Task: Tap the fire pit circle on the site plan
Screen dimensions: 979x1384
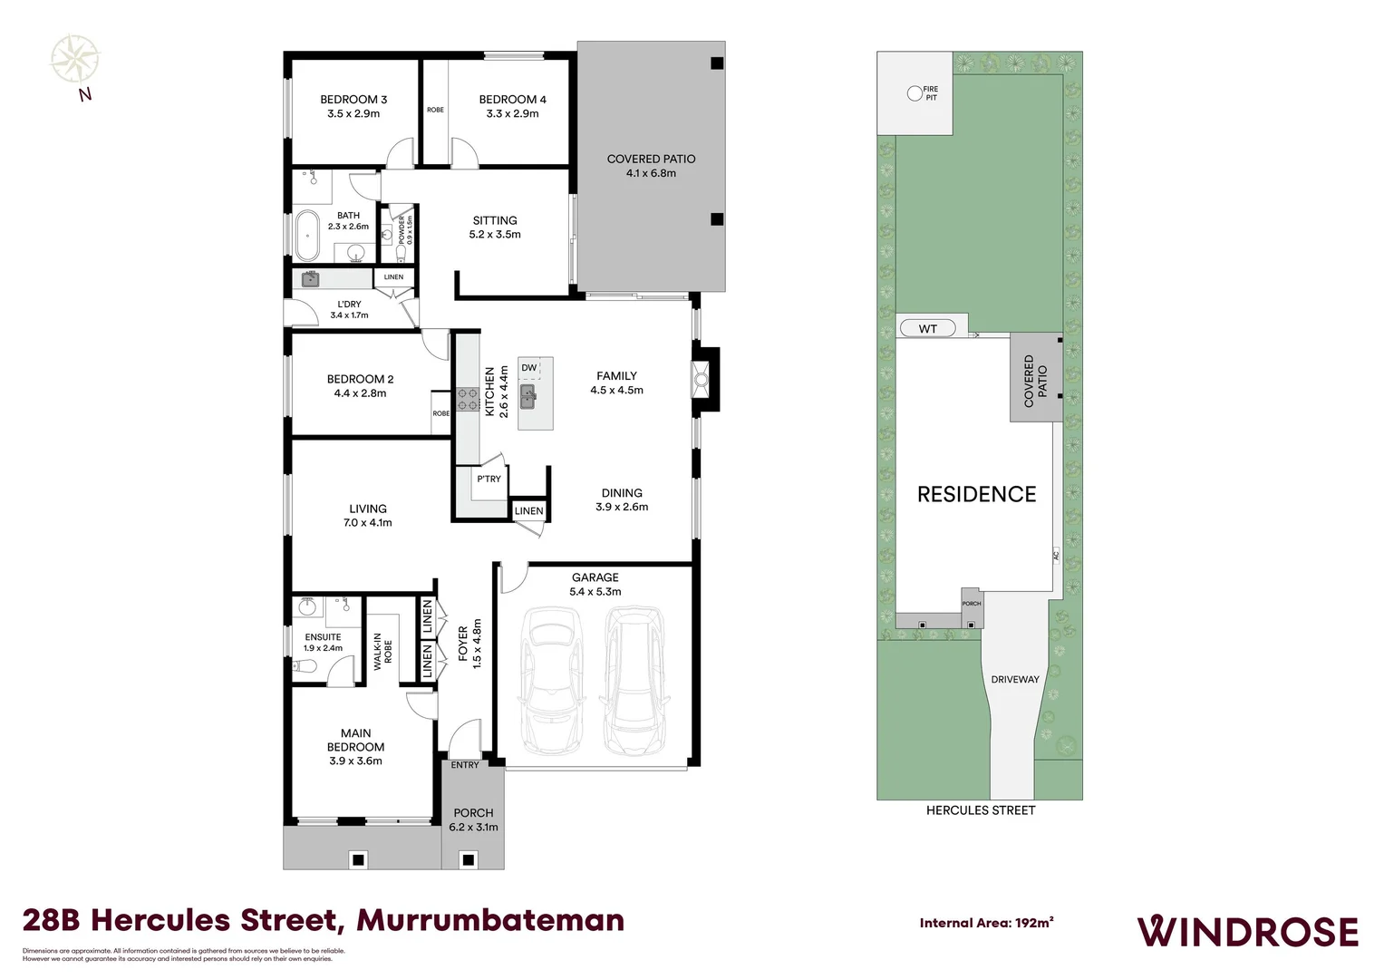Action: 915,92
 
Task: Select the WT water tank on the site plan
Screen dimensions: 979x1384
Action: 927,328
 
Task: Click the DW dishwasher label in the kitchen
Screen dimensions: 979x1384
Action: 528,367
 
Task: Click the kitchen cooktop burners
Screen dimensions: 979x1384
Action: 468,399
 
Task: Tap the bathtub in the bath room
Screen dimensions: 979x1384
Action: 308,235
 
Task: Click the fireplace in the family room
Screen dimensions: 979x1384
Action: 701,375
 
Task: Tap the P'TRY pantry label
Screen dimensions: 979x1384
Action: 489,479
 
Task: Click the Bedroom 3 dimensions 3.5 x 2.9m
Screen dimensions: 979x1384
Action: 353,114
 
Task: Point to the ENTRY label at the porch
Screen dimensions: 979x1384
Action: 465,765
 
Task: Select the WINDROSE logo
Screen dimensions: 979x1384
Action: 1247,932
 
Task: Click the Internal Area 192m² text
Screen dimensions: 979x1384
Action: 986,923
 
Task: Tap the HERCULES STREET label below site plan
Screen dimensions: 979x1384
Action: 980,810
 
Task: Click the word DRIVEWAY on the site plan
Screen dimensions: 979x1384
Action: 1014,679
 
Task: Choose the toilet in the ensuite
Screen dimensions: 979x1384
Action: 305,666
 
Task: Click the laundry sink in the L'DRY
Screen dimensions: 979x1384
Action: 311,278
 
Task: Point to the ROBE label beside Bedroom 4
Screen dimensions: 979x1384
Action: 435,110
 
